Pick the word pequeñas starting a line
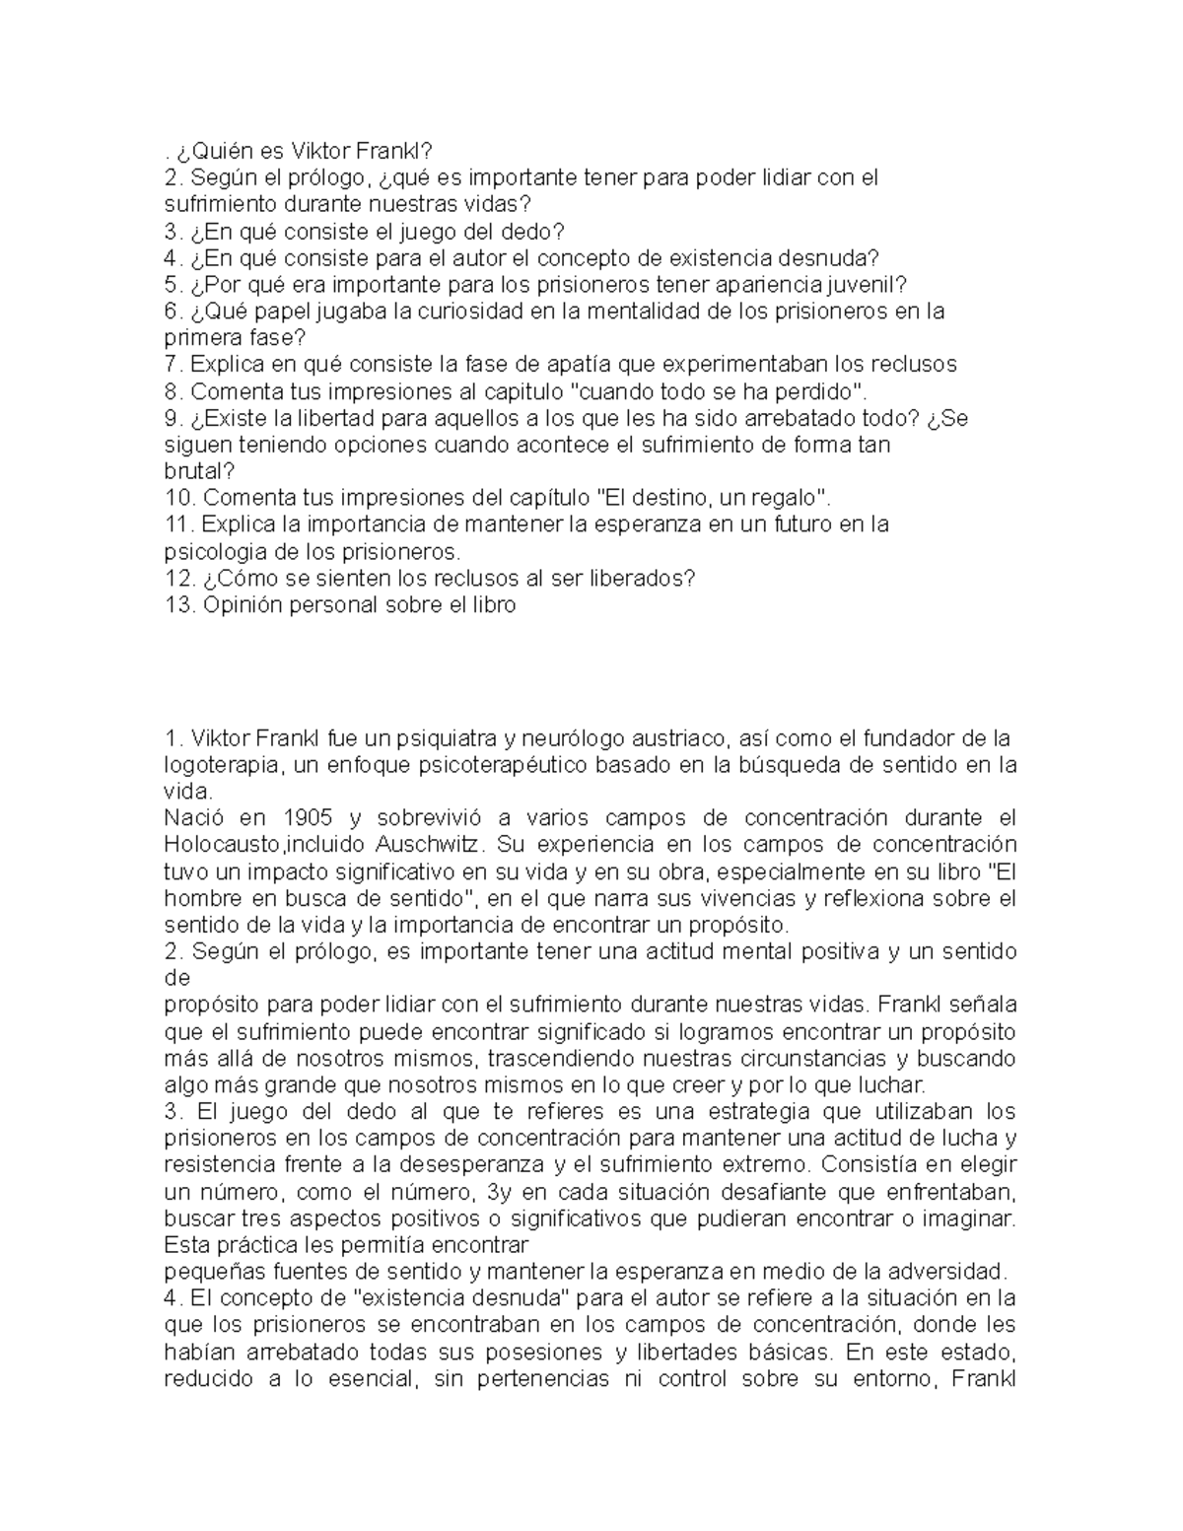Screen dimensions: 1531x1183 (x=210, y=1272)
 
